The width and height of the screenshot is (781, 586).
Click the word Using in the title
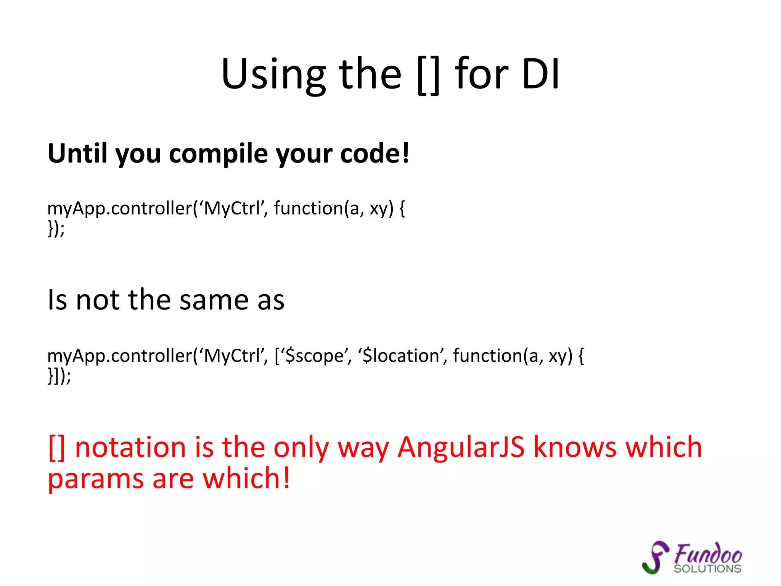coord(273,74)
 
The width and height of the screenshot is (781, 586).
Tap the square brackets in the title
coord(429,75)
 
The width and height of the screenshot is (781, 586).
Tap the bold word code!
coord(374,153)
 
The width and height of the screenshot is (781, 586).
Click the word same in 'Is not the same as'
coord(214,300)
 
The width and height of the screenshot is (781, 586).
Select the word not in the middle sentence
coord(98,300)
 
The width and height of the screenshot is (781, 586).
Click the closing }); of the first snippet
coord(56,229)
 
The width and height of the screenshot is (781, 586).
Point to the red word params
coord(95,478)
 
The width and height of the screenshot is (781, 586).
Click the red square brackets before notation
coord(57,448)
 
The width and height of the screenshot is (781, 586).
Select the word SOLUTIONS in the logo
coord(707,569)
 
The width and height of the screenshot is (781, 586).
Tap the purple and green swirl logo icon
coord(655,557)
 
